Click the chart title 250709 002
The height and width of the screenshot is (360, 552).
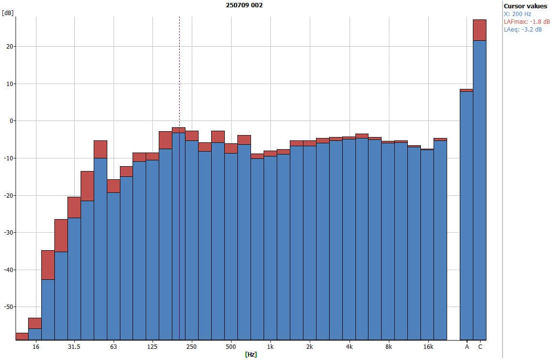(245, 5)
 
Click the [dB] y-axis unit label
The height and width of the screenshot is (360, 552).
(8, 13)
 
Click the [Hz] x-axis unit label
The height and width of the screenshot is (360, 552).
(251, 355)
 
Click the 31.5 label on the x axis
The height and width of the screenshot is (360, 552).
(74, 347)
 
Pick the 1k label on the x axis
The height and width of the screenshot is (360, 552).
(270, 347)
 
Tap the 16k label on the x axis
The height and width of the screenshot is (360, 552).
(428, 347)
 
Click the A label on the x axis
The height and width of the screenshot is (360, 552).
(467, 347)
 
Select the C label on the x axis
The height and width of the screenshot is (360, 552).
(480, 347)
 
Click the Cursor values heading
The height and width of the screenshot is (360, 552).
(525, 6)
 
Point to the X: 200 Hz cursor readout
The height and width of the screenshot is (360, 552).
(518, 14)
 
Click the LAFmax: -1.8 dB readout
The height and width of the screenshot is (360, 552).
(527, 22)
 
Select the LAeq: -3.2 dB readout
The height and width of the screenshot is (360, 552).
(523, 30)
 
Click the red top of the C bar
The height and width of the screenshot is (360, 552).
(480, 30)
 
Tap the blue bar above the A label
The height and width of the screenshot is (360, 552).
(467, 214)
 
